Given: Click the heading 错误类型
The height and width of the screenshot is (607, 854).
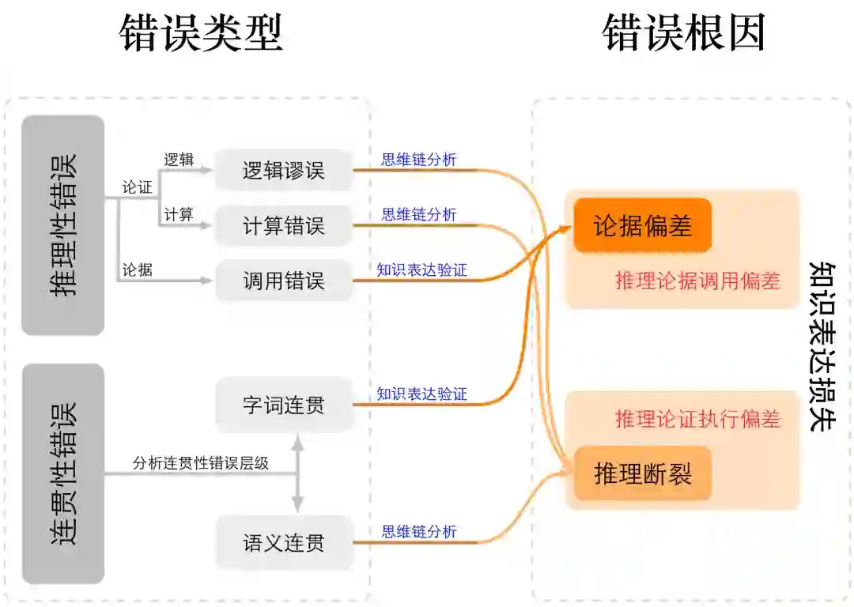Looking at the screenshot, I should tap(201, 34).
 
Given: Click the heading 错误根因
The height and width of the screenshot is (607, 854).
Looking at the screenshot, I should tap(684, 34).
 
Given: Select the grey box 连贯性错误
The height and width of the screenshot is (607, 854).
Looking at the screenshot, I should tap(63, 473).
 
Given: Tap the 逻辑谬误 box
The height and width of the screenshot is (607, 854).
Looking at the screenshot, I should tap(283, 170).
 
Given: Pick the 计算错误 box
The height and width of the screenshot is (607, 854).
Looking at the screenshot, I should tap(283, 225).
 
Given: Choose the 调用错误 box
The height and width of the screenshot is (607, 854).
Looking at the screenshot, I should tap(283, 280).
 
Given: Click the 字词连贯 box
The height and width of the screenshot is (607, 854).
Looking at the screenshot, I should tap(283, 405).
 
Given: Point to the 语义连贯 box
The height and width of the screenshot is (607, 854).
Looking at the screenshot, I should tap(283, 543).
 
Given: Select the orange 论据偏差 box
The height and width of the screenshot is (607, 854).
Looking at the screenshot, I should tap(643, 225).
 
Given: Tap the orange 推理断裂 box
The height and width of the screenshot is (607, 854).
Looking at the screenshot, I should tap(643, 473).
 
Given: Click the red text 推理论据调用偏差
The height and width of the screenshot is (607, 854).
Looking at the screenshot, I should tap(697, 281).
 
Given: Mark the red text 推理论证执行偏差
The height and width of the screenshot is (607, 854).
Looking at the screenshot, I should tap(697, 418).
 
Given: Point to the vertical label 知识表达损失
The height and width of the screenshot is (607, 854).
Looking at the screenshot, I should tap(822, 346).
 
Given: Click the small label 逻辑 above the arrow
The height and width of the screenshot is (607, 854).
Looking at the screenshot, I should tap(178, 159).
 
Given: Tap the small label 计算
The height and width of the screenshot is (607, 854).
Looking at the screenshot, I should tap(178, 214).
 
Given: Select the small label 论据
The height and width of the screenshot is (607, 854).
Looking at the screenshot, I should tap(137, 270).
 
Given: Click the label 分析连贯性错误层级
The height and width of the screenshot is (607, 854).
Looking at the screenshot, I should tap(201, 463).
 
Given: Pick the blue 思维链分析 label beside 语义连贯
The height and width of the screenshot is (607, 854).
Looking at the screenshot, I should tap(419, 532).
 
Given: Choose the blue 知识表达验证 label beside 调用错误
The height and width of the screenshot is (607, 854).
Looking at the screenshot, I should tap(421, 270).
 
